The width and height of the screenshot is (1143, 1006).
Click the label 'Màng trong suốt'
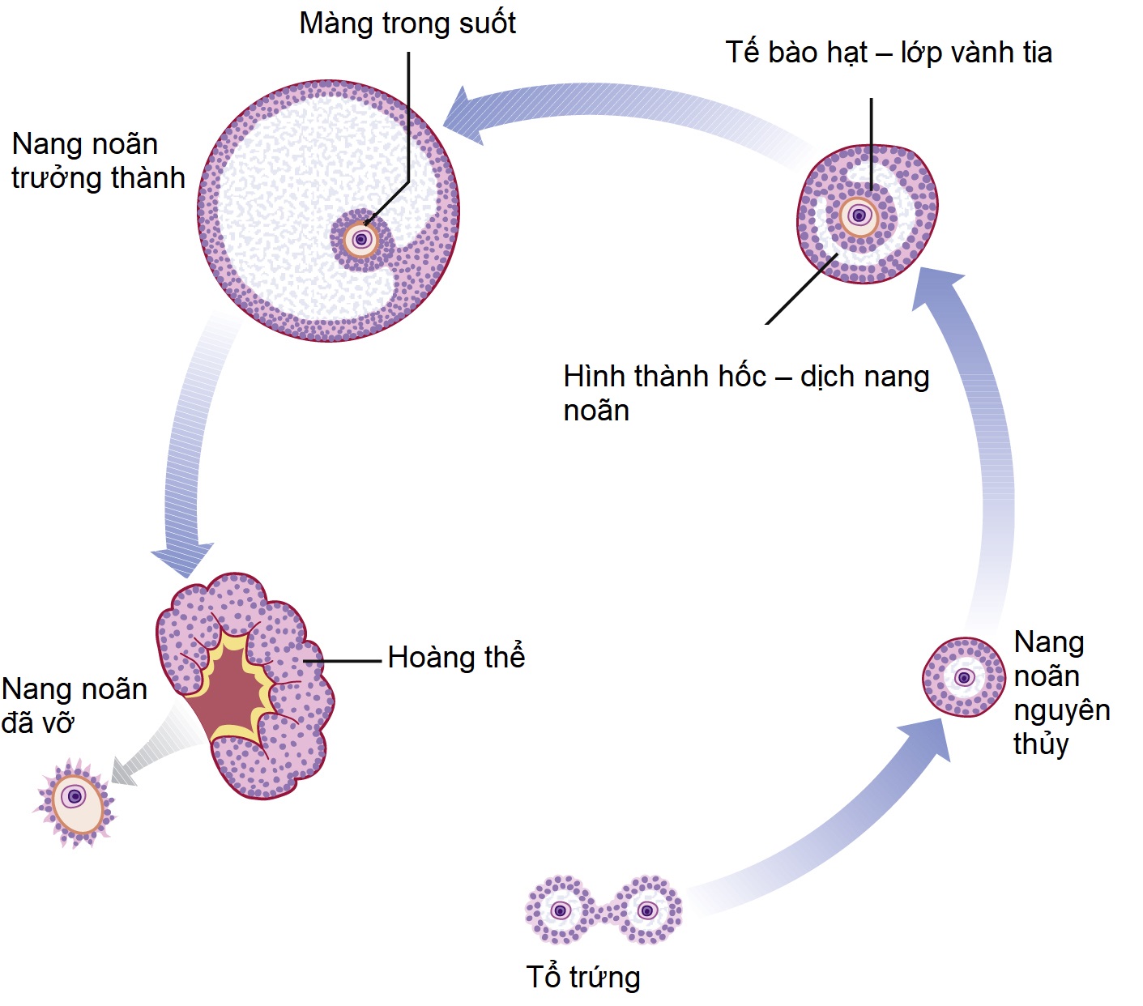pos(407,23)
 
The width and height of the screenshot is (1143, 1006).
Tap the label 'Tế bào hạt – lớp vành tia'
pos(889,53)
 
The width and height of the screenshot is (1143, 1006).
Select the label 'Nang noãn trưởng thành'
pos(98,160)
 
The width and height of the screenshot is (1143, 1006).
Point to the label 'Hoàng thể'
pos(456,657)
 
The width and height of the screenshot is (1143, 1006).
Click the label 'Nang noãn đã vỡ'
pos(74,705)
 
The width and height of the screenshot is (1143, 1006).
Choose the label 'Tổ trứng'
pos(583,977)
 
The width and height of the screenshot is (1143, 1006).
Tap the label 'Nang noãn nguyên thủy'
pos(1061,692)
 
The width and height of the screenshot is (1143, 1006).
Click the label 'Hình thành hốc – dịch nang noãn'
pos(745,393)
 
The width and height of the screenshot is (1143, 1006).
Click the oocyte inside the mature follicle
pos(361,239)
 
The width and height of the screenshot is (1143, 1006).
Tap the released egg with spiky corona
pos(75,802)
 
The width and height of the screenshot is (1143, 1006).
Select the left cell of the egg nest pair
pos(559,910)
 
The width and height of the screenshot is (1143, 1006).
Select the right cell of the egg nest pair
pos(646,910)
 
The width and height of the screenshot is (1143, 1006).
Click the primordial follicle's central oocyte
pos(964,676)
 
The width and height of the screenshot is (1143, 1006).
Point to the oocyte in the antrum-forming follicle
pos(859,215)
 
